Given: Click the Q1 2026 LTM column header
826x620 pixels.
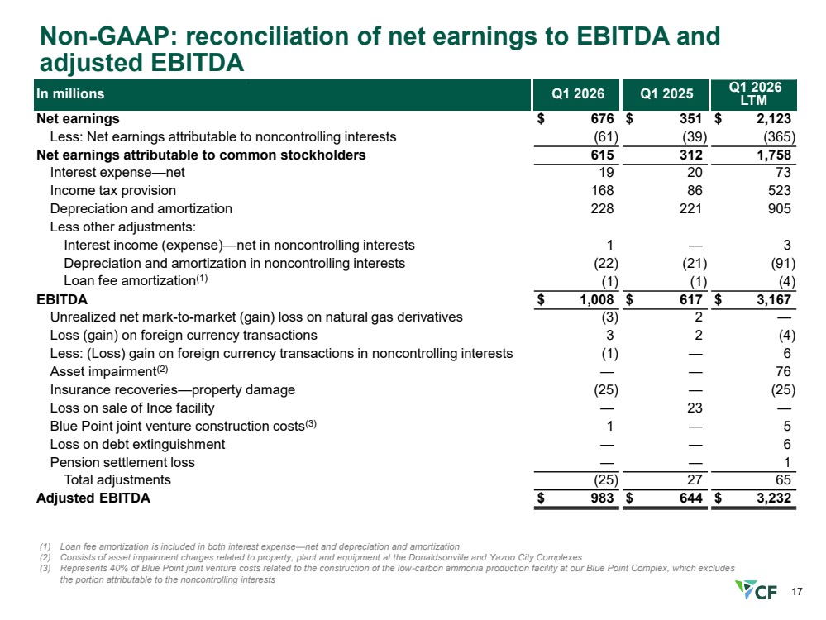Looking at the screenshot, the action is click(x=754, y=93).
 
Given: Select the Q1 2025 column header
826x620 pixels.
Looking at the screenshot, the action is click(x=666, y=93).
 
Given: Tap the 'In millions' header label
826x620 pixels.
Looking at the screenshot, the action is click(x=70, y=93).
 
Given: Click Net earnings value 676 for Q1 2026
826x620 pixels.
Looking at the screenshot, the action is click(x=602, y=118).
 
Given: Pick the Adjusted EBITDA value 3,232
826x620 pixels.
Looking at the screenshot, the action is click(x=774, y=498).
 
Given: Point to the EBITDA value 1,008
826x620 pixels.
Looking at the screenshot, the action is click(x=597, y=300).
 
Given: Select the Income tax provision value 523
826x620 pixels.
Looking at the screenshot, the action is click(x=779, y=191).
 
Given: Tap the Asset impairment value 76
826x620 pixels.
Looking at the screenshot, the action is click(x=783, y=371).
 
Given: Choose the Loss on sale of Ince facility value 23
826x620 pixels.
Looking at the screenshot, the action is click(x=695, y=408).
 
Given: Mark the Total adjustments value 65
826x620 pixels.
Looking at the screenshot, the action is click(x=783, y=480).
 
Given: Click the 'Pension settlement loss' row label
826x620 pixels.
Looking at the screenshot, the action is click(x=122, y=462).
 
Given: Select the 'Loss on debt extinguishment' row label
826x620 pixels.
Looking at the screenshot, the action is click(x=137, y=445).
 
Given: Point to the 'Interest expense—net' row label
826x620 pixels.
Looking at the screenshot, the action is click(x=117, y=173).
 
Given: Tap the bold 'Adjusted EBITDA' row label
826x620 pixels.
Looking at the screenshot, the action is click(x=93, y=498).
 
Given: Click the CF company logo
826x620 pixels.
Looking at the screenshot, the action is click(x=756, y=590).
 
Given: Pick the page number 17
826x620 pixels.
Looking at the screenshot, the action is click(x=796, y=592).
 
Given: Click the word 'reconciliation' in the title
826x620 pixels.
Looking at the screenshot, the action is click(x=271, y=36).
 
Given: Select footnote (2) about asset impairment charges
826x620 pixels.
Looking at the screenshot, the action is click(x=311, y=557).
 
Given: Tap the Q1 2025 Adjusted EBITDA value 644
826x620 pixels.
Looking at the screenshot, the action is click(x=690, y=498).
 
